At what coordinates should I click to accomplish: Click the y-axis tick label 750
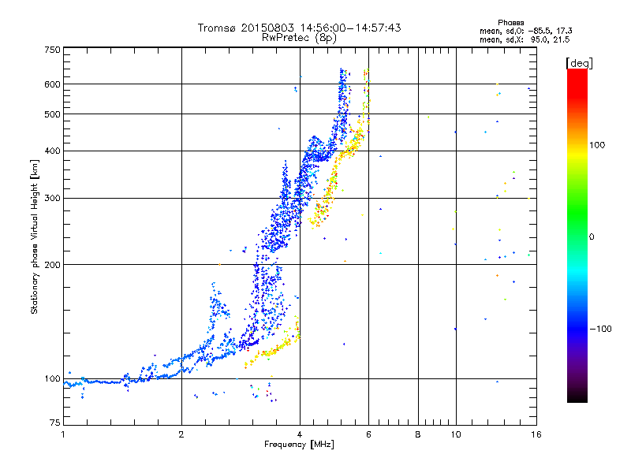53,50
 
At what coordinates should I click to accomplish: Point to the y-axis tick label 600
53,84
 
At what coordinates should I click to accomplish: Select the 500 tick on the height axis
53,114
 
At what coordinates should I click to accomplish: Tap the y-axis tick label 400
53,151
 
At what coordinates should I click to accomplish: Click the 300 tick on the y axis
53,198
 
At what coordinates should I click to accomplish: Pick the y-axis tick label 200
53,264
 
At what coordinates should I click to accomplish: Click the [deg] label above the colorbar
579,62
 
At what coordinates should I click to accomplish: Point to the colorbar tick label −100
604,328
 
